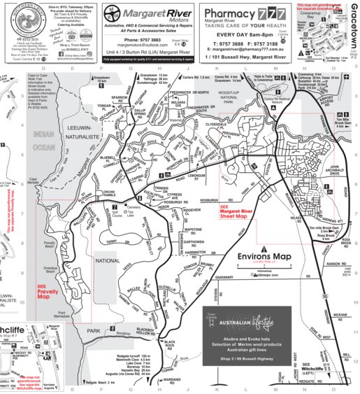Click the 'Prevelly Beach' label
(x=50, y=245)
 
